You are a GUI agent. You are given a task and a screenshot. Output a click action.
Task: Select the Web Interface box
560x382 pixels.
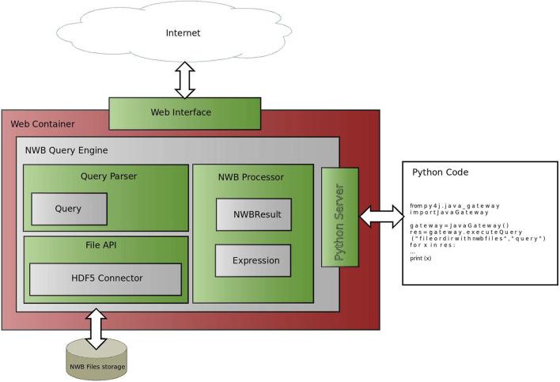[x=181, y=112]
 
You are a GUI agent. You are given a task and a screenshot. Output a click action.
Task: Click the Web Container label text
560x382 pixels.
[x=42, y=125]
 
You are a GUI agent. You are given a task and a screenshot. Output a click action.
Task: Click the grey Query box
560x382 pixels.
[x=68, y=208]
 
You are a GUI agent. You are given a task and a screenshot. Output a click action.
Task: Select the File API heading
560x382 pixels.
[x=105, y=246]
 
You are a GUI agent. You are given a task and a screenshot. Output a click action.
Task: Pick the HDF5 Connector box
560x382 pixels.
[x=105, y=278]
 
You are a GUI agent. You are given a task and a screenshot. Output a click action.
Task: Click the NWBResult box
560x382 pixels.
[x=252, y=214]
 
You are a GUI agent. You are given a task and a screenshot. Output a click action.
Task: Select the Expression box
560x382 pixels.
[x=252, y=260]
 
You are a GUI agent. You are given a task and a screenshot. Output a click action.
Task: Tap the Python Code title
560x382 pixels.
[x=441, y=172]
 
